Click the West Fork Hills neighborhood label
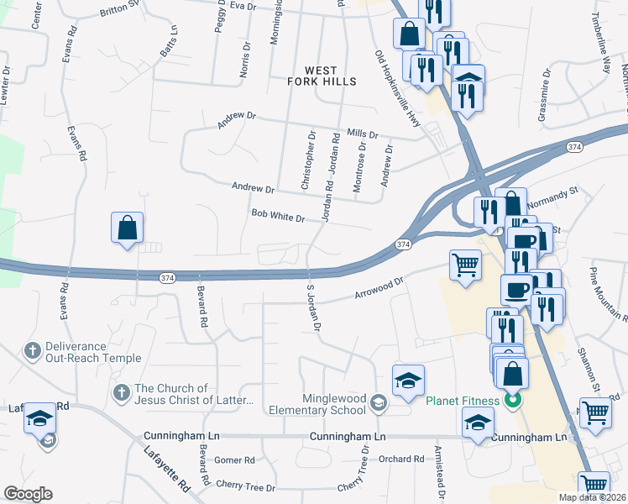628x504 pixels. tap(322, 76)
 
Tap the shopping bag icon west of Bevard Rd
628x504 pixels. tap(127, 228)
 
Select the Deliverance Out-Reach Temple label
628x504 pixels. tap(82, 351)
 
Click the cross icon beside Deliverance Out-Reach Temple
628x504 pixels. tap(33, 350)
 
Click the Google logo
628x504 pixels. tap(28, 494)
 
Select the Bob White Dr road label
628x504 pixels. tap(277, 217)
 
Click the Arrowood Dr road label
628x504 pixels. tap(379, 290)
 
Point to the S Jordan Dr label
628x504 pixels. tap(313, 307)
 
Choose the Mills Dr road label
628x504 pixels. tap(363, 134)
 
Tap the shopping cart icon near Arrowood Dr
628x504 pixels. tap(465, 265)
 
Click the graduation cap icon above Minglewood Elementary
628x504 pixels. tap(409, 380)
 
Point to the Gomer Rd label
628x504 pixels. tap(234, 460)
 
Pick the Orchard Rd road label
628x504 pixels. tap(400, 459)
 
